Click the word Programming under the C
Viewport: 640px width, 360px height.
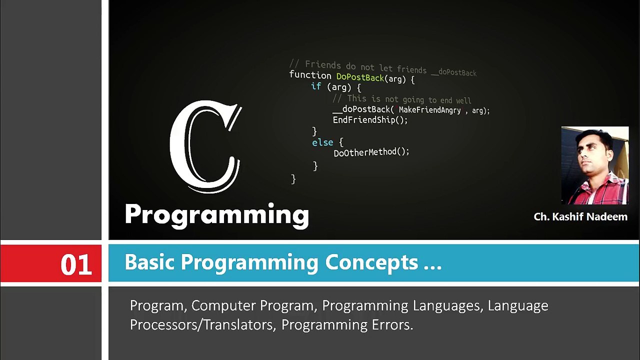pyautogui.click(x=216, y=214)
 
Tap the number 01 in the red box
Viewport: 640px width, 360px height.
pyautogui.click(x=76, y=264)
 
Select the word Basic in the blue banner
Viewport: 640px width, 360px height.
pyautogui.click(x=150, y=262)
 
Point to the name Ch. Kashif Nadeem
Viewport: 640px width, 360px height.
pyautogui.click(x=580, y=217)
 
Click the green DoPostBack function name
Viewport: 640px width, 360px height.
pyautogui.click(x=360, y=77)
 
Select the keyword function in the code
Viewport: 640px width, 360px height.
pyautogui.click(x=310, y=75)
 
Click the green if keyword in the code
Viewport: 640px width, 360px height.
pyautogui.click(x=316, y=86)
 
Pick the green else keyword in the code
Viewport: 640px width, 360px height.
pyautogui.click(x=322, y=143)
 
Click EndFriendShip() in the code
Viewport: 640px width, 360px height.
pyautogui.click(x=370, y=120)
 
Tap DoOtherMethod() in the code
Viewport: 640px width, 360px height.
pyautogui.click(x=371, y=152)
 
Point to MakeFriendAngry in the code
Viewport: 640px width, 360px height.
pyautogui.click(x=429, y=110)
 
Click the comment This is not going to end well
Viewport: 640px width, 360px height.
pyautogui.click(x=402, y=99)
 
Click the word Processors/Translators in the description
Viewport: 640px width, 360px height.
pyautogui.click(x=201, y=325)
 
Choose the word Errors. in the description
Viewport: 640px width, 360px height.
pyautogui.click(x=392, y=325)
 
